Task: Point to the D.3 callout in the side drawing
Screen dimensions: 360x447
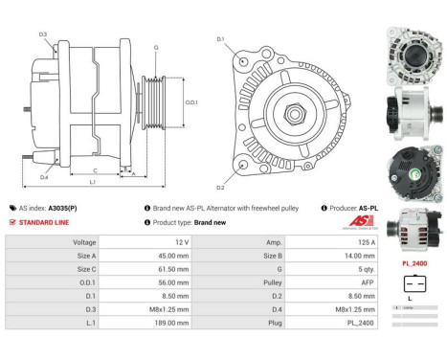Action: [x=44, y=34]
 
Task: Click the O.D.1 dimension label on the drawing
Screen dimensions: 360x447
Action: [x=190, y=102]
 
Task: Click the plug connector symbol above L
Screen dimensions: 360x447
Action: [x=413, y=282]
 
